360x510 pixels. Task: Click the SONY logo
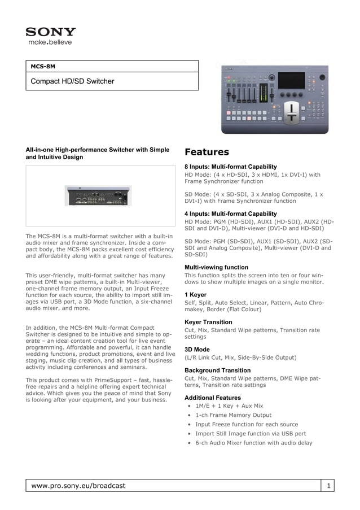pyautogui.click(x=50, y=32)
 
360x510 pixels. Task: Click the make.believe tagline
pyautogui.click(x=50, y=42)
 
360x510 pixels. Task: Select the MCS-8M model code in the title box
pyautogui.click(x=43, y=66)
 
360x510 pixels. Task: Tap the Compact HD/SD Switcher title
pyautogui.click(x=72, y=81)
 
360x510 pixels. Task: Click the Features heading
pyautogui.click(x=207, y=152)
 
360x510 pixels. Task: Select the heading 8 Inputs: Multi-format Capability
pyautogui.click(x=231, y=167)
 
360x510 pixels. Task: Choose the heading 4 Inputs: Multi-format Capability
pyautogui.click(x=231, y=214)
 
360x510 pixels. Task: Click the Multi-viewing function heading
pyautogui.click(x=216, y=267)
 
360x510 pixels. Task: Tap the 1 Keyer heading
pyautogui.click(x=195, y=295)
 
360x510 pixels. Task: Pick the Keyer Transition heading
pyautogui.click(x=208, y=322)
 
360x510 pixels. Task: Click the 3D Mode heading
pyautogui.click(x=197, y=350)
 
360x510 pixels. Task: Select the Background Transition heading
pyautogui.click(x=218, y=370)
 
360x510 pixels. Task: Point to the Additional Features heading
pyautogui.click(x=213, y=398)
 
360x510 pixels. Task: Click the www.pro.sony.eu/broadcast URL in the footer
pyautogui.click(x=78, y=486)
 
